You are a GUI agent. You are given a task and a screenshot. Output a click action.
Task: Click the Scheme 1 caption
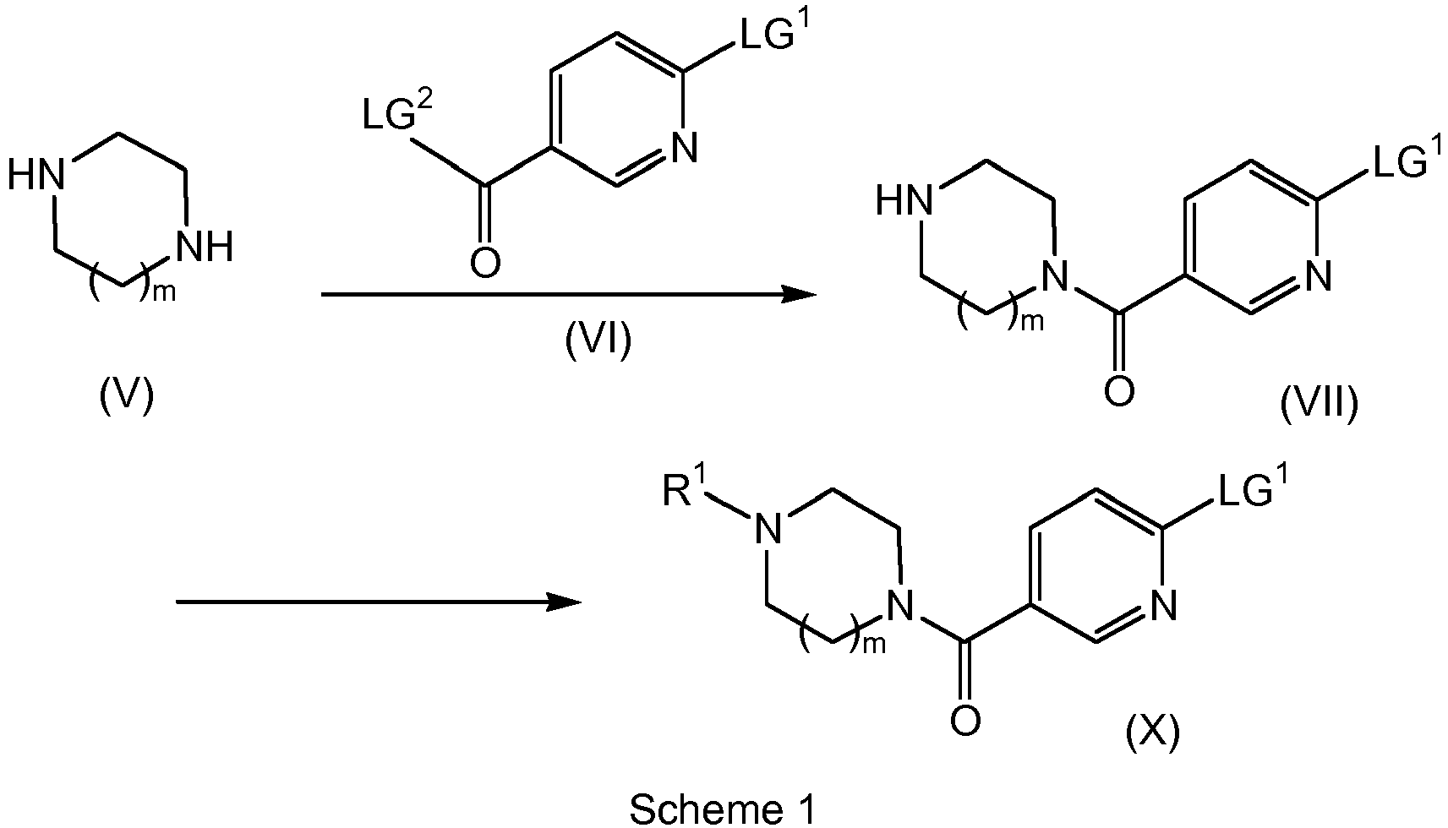723,809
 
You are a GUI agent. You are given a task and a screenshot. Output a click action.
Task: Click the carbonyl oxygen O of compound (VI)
485,263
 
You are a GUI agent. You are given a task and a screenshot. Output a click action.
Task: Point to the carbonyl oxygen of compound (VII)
1119,391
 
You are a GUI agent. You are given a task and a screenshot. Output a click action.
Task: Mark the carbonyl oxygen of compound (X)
965,720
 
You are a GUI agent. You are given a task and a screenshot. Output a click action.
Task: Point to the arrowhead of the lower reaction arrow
565,602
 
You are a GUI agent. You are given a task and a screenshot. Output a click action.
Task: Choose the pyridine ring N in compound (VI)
684,147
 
